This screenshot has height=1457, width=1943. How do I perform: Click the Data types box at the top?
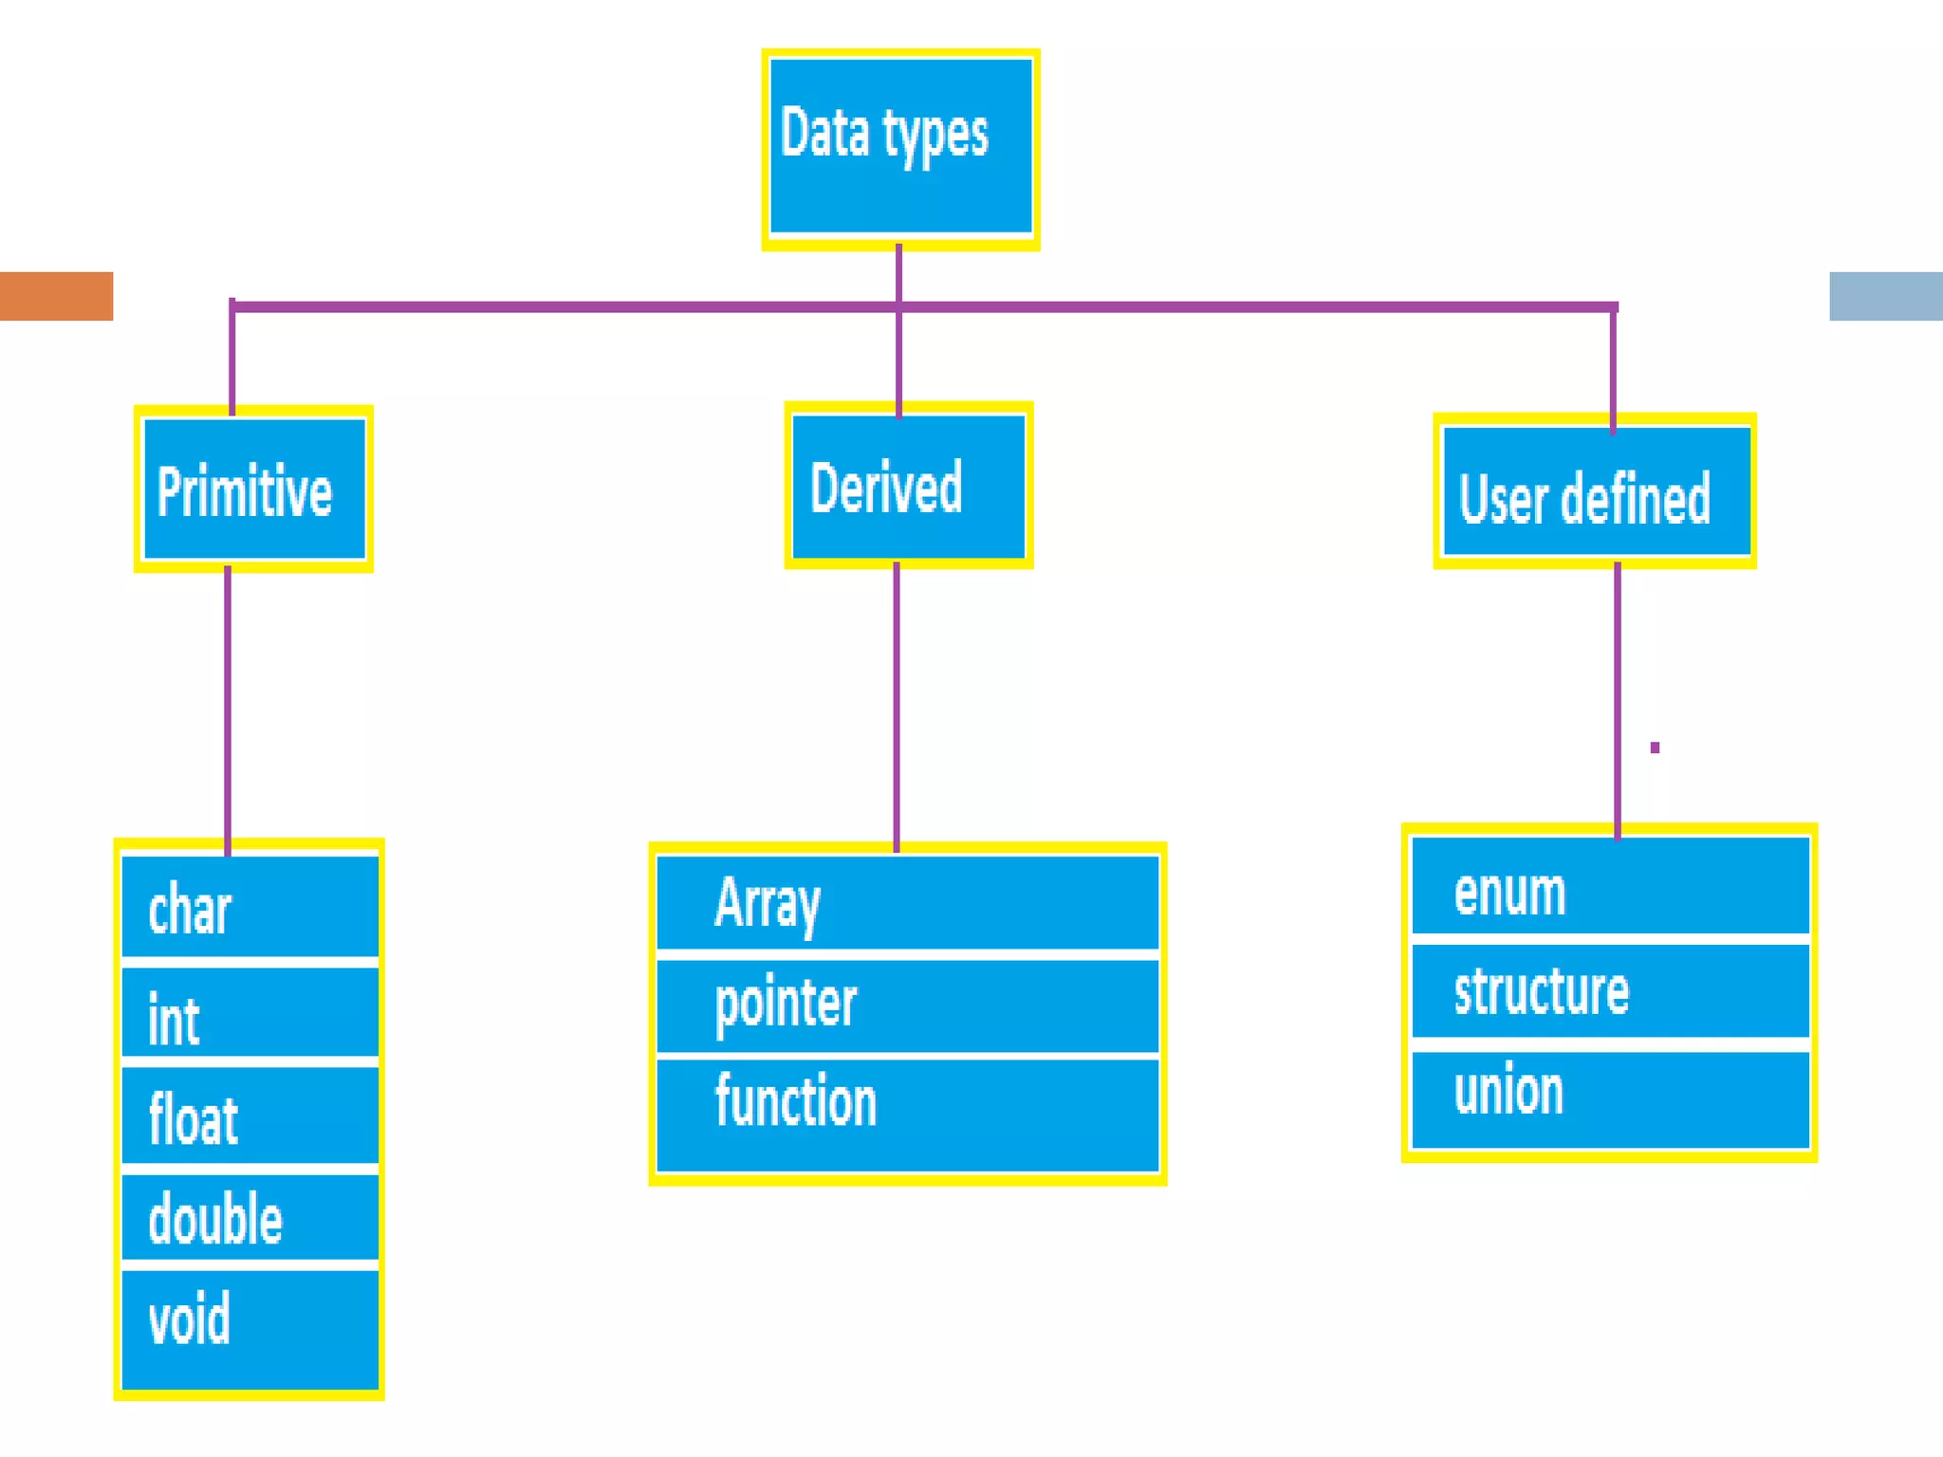coord(900,147)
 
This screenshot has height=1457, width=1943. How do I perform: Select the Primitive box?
coord(253,489)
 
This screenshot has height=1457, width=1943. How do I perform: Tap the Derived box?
coord(908,486)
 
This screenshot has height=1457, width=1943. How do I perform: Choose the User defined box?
coord(1595,491)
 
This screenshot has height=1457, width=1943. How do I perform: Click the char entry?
coord(250,907)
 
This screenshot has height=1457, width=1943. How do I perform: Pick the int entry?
coord(250,1013)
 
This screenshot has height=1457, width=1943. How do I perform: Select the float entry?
coord(250,1116)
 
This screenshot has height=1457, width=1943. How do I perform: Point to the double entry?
coord(250,1217)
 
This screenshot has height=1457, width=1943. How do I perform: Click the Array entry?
coord(907,901)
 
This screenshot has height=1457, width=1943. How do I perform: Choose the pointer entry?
coord(907,1005)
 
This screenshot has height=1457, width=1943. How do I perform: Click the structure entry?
coord(1610,990)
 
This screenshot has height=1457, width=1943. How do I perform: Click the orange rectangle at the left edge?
coord(56,296)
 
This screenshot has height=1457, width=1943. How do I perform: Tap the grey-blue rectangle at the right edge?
coord(1885,296)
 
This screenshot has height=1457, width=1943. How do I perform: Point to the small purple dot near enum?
coord(1655,747)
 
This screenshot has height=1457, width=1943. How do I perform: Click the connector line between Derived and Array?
coord(897,707)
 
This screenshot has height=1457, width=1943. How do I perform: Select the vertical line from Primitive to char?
coord(228,707)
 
